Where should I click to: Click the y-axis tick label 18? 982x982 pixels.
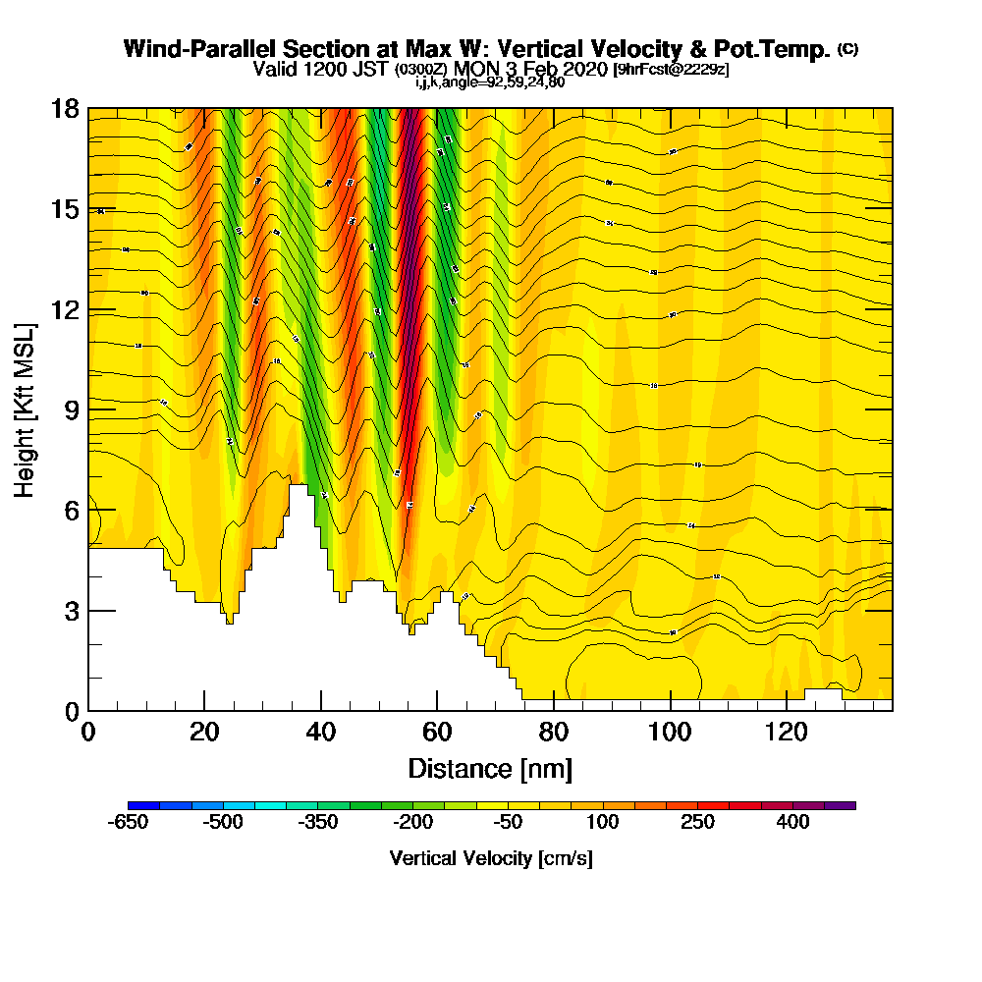(65, 109)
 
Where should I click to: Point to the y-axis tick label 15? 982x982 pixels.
(65, 209)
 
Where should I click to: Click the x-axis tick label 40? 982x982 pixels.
(321, 733)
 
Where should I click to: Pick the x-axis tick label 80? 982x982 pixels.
(554, 733)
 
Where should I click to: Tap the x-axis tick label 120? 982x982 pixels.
(787, 733)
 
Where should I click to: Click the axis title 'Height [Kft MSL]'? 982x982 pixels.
(26, 409)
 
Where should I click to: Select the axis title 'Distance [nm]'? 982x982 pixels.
(490, 768)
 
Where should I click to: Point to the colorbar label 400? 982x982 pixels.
(793, 822)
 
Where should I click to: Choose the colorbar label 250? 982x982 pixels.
(698, 822)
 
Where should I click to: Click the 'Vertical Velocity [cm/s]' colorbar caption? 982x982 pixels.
(491, 858)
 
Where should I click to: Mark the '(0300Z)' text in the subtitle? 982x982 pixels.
(422, 71)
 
